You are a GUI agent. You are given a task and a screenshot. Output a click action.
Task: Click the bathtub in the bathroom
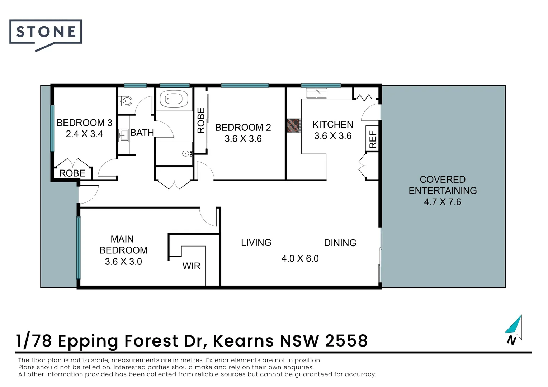point(174,99)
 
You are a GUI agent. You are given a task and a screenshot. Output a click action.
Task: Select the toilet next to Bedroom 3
point(125,101)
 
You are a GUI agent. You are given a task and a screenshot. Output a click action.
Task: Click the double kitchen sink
point(317,94)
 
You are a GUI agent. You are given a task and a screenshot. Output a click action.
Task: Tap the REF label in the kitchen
point(373,140)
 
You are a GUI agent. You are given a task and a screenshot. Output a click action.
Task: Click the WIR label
point(192,266)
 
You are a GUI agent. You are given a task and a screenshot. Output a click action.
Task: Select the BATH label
point(142,133)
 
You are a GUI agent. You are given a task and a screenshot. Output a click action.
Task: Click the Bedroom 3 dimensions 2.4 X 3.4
point(84,134)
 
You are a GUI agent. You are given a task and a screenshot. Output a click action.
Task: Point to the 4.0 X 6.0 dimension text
point(300,258)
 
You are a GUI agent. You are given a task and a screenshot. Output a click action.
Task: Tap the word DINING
point(340,243)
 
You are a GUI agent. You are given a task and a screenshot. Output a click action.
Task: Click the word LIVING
point(256,243)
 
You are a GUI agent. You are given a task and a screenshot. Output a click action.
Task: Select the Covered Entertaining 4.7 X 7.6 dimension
point(443,202)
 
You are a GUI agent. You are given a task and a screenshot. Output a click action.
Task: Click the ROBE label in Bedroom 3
point(72,173)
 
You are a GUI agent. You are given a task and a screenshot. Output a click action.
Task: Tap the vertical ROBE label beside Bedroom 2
point(201,120)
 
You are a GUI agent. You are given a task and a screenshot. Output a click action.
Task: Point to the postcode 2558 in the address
point(346,340)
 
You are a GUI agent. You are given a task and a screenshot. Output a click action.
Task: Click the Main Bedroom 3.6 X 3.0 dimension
point(123,262)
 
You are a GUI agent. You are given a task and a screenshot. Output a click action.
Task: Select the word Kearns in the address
point(244,340)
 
